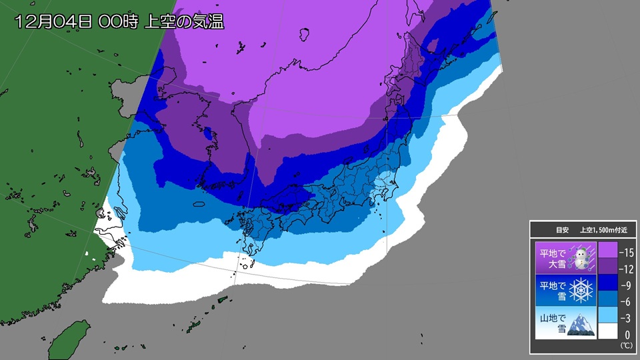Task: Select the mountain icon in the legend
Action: coord(583,324)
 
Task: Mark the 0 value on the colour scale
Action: coord(627,333)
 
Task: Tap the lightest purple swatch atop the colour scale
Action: coord(607,250)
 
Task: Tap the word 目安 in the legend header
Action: coord(562,230)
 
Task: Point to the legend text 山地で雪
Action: coord(552,324)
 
